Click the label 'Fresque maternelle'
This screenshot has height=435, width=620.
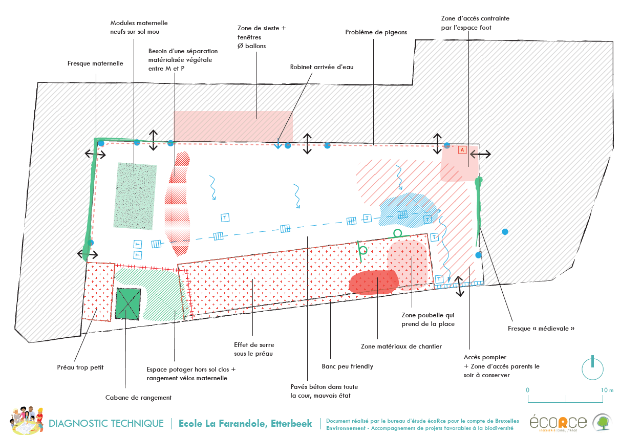pos(95,63)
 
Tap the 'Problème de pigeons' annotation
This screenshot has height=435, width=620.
pos(376,32)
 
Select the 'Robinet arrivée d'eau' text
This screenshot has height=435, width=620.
pos(322,67)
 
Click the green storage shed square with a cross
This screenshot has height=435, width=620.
pos(127,303)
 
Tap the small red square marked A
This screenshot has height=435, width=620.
pos(462,150)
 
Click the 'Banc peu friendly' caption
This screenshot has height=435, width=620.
pos(347,366)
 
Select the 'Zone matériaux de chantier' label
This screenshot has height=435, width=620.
pos(401,346)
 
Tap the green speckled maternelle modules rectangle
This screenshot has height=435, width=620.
pos(135,195)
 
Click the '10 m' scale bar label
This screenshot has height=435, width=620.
pos(607,390)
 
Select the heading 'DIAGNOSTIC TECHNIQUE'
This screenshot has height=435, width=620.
pos(106,423)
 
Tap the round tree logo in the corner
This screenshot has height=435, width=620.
pos(602,422)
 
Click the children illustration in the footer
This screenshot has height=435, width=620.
pos(26,421)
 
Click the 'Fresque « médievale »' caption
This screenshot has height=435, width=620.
pos(541,328)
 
